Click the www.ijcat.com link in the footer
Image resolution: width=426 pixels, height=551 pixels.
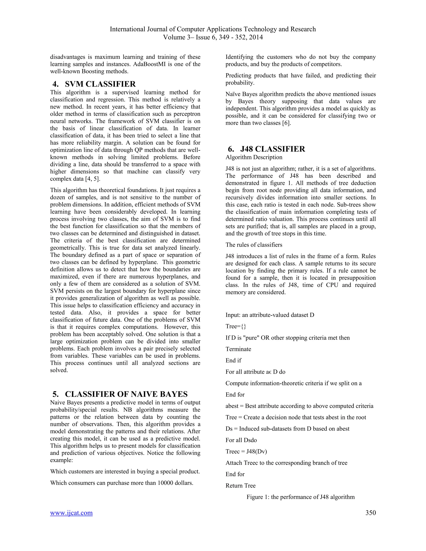(x=71, y=513)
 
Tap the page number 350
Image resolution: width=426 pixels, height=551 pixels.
(x=370, y=513)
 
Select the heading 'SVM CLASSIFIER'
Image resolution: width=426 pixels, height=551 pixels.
(x=100, y=84)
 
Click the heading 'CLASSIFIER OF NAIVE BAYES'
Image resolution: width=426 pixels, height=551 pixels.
(x=126, y=394)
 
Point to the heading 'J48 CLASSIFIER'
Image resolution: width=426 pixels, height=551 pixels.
(x=272, y=149)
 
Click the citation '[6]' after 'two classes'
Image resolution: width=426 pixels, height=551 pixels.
(x=286, y=123)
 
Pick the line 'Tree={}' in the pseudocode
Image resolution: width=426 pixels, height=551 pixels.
(x=236, y=326)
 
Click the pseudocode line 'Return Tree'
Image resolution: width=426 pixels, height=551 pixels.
(x=240, y=486)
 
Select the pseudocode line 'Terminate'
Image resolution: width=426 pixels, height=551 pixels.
(x=238, y=349)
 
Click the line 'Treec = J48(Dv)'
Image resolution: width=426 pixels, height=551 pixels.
(x=246, y=451)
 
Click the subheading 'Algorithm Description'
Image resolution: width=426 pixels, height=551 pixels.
(x=254, y=157)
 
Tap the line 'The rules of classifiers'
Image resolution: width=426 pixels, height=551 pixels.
(x=254, y=245)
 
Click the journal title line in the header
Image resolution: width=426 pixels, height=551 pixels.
(x=213, y=29)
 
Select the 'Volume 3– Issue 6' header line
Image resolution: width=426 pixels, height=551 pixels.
(x=213, y=37)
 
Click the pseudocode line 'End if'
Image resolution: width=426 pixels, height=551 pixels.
(x=233, y=361)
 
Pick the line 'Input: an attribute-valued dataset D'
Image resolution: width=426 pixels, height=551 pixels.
(x=270, y=315)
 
